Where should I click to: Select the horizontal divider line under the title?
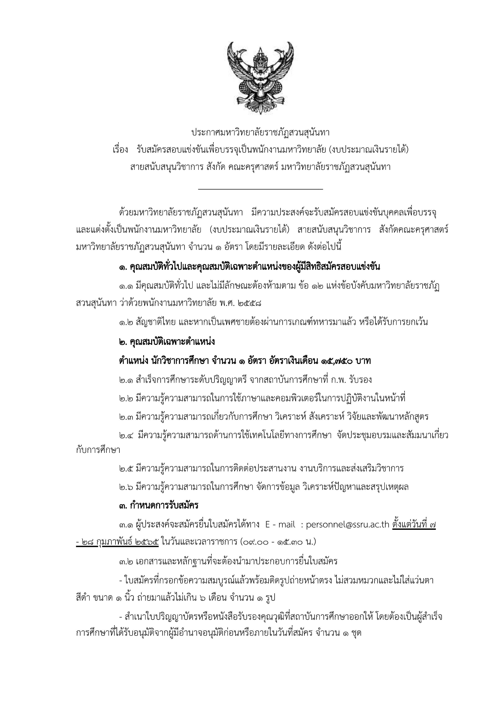[x=261, y=189]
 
